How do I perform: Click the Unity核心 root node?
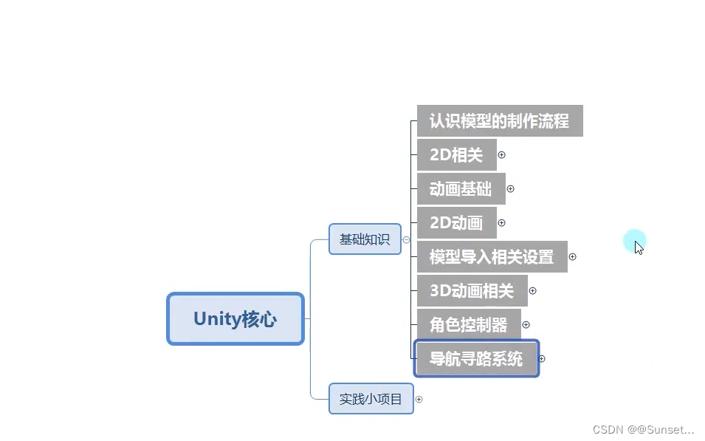coord(235,318)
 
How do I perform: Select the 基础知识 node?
coord(365,239)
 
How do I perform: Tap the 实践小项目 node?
coord(371,399)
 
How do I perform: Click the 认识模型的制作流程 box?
coord(499,120)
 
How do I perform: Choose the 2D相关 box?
coord(456,154)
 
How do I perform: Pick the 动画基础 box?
coord(461,188)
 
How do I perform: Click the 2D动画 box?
coord(456,222)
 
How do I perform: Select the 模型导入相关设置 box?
coord(492,257)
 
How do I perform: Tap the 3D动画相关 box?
coord(472,291)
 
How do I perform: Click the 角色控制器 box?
coord(469,324)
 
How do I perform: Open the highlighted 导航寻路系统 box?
coord(476,359)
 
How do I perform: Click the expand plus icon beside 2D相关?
coord(502,155)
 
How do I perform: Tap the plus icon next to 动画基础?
coord(510,189)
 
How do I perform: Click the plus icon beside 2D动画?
coord(502,223)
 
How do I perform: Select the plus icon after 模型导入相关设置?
coord(572,257)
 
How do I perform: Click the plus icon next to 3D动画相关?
coord(532,291)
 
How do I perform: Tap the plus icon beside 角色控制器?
coord(526,325)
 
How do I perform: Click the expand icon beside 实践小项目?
coord(419,400)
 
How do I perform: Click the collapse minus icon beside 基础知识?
coord(406,240)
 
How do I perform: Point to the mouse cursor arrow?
coord(638,247)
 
